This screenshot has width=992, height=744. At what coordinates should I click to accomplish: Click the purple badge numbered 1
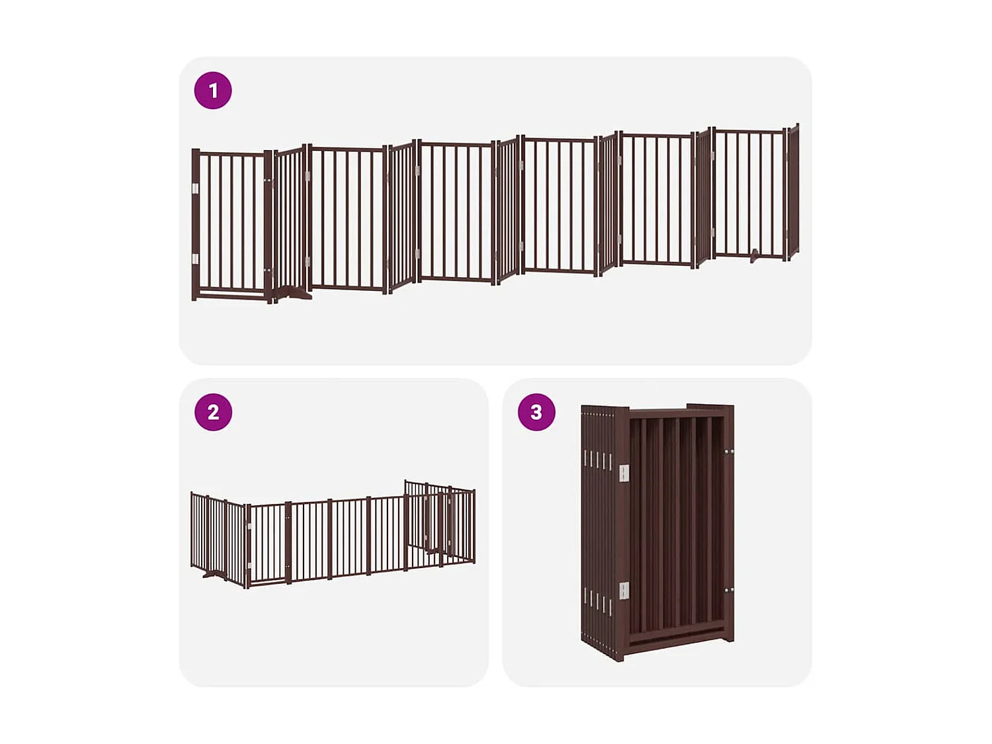click(x=213, y=91)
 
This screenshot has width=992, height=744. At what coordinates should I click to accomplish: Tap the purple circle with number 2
click(x=213, y=412)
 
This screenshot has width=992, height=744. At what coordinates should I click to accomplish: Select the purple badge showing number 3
click(x=536, y=412)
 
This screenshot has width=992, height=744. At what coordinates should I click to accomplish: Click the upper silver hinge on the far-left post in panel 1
click(x=195, y=189)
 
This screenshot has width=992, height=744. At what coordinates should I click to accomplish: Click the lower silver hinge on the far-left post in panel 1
click(x=195, y=259)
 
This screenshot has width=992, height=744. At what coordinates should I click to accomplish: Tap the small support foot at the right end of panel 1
click(x=755, y=255)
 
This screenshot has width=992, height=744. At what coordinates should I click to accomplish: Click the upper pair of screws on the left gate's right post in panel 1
click(x=268, y=179)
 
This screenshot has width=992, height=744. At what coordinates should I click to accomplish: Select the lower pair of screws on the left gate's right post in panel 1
click(x=268, y=270)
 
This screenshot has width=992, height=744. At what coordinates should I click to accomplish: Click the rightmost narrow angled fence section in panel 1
click(x=793, y=192)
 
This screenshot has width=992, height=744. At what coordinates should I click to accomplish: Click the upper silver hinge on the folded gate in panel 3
click(x=624, y=472)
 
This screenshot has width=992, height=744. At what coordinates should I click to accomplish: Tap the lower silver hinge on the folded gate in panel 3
click(x=624, y=591)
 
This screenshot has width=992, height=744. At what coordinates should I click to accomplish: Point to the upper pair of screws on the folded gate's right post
click(x=729, y=452)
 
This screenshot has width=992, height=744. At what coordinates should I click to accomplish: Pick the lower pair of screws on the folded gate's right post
click(x=729, y=591)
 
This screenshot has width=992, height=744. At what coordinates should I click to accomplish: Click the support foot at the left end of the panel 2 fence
click(x=210, y=574)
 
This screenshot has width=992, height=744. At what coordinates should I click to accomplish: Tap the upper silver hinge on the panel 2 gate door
click(x=249, y=525)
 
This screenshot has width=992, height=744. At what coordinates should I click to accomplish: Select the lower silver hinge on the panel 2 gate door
click(x=249, y=565)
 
